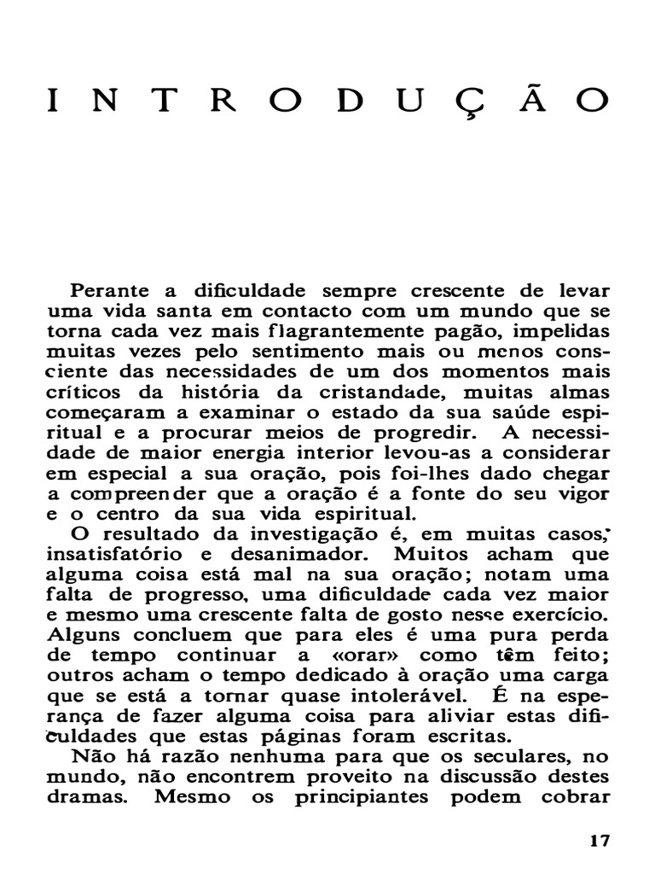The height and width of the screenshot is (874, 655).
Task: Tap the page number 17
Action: [x=600, y=840]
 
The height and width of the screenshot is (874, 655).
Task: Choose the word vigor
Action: [x=584, y=494]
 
